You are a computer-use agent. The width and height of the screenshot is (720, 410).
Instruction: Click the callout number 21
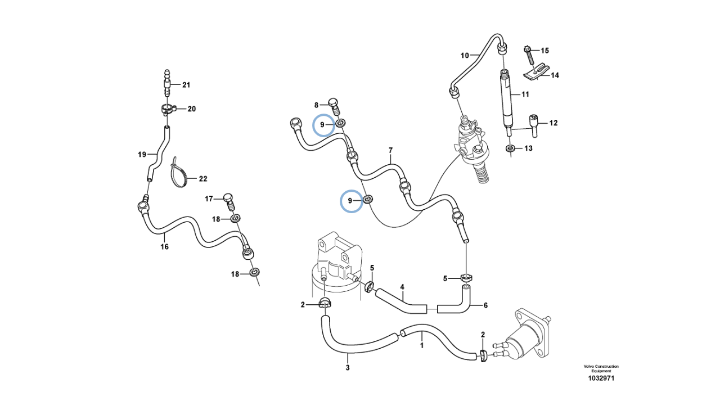[x=186, y=85]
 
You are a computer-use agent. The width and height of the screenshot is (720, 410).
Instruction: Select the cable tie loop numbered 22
[x=181, y=174]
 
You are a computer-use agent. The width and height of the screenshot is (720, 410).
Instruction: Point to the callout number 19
[x=142, y=154]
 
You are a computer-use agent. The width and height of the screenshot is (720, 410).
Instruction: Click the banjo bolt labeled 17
[x=228, y=198]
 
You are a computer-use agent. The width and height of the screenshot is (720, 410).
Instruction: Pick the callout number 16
[x=165, y=246]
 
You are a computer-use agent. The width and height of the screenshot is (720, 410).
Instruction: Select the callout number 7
[x=390, y=151]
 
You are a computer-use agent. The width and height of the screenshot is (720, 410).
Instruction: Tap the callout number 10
[x=465, y=55]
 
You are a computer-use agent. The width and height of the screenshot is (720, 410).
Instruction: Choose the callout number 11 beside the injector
[x=525, y=94]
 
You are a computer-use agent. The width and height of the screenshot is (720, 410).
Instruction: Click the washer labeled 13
[x=510, y=148]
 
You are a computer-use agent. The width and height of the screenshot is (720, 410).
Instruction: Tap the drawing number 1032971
[x=601, y=379]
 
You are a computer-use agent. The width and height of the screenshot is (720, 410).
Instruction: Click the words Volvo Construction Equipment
[x=601, y=368]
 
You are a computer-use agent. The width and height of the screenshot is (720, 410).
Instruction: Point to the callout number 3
[x=348, y=368]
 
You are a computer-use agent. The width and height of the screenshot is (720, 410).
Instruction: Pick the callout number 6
[x=485, y=305]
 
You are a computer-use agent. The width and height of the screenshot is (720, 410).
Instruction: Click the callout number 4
[x=402, y=287]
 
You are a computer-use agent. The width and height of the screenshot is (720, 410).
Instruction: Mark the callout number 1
[x=422, y=346]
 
